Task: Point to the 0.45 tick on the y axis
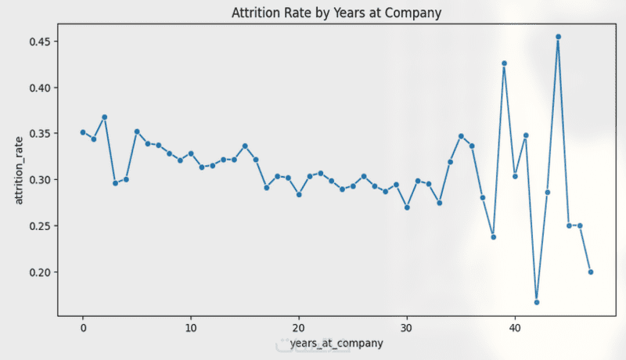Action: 40,41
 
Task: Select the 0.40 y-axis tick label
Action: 40,88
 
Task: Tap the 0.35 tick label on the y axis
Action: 40,134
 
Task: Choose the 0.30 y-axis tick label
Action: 40,180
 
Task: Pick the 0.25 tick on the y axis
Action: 40,226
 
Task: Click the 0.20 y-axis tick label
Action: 40,272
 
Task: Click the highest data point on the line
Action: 558,37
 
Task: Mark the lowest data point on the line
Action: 537,302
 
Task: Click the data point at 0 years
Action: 83,132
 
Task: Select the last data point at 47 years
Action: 591,272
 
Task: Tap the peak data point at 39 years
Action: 504,63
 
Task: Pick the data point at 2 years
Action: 104,117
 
